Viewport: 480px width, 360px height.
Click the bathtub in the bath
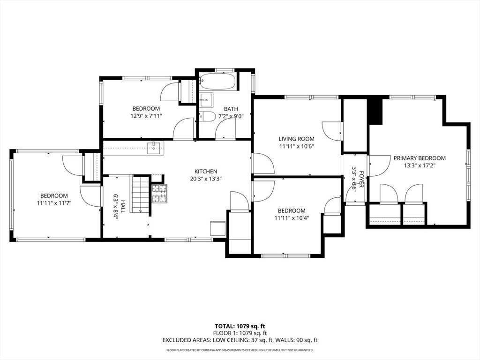217,82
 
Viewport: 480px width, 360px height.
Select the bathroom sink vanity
206,100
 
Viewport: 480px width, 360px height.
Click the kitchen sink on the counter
153,148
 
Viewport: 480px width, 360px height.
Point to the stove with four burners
159,194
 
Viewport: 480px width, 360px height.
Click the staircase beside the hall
140,194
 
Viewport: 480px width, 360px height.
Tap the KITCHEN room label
206,172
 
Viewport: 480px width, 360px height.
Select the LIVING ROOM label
296,139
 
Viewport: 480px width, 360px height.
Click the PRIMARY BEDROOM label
419,158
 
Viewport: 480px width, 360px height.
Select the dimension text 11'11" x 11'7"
53,203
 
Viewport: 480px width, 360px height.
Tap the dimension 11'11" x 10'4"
291,218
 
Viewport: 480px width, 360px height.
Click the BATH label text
231,109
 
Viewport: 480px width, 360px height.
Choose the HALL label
123,207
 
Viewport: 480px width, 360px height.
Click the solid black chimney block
375,110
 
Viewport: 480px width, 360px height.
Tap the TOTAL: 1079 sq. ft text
240,326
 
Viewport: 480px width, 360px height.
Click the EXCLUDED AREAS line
240,340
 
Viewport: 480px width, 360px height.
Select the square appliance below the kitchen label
218,228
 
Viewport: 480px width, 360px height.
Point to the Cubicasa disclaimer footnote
240,350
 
